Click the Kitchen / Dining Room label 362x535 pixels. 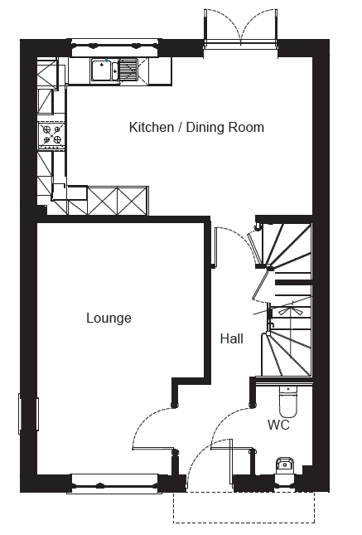[196, 127]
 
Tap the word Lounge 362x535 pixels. [109, 319]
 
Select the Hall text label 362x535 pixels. [232, 338]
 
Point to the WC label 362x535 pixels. [278, 426]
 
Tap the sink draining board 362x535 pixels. [128, 70]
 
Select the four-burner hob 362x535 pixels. [52, 134]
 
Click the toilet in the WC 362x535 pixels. [288, 402]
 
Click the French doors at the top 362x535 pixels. [241, 27]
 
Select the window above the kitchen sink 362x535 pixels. [115, 45]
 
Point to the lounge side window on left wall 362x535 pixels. [29, 414]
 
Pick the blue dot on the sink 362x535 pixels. [107, 61]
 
